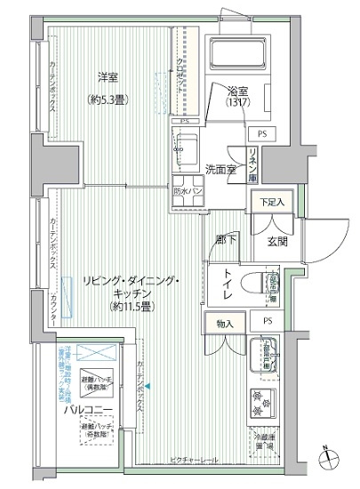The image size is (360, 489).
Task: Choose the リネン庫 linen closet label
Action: [253, 164]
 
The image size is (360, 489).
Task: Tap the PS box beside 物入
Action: [267, 321]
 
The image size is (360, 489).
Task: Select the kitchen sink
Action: [264, 355]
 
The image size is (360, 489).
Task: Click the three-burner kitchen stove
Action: [263, 401]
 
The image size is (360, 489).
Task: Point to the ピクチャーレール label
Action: [195, 461]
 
